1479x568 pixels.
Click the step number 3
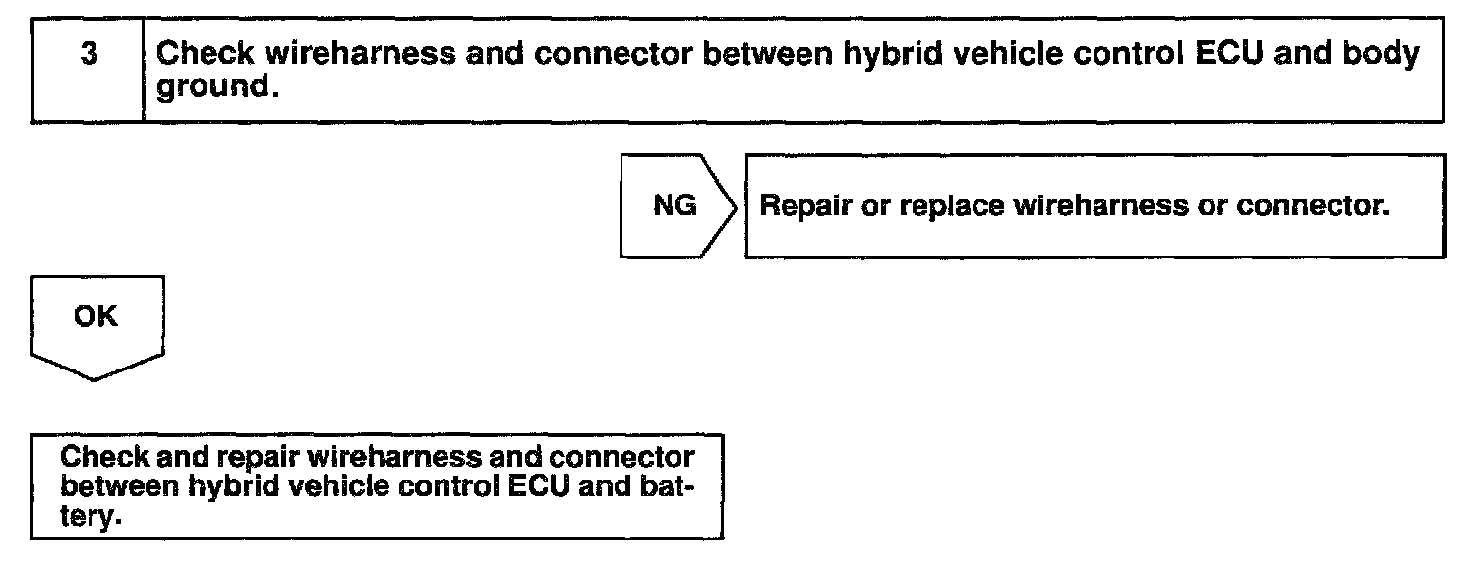[x=89, y=56]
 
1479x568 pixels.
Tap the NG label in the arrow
[x=675, y=206]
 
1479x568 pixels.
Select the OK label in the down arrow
[x=94, y=317]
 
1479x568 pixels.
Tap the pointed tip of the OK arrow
[x=94, y=378]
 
